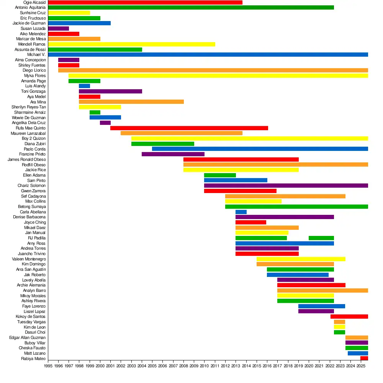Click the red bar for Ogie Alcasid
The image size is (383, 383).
(145, 2)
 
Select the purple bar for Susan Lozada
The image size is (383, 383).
(58, 28)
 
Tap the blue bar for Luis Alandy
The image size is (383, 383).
(84, 86)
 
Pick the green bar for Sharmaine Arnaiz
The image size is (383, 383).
(95, 112)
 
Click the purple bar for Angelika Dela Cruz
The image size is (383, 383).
(105, 123)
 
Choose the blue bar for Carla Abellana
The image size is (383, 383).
(241, 212)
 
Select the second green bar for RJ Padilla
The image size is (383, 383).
(321, 238)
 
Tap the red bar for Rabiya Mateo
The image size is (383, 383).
(364, 358)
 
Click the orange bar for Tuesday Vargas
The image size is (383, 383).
(339, 322)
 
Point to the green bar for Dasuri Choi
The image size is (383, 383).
(339, 332)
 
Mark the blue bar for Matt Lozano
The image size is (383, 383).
(358, 353)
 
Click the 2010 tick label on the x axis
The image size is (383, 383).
(204, 366)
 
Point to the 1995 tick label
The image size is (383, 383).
(48, 366)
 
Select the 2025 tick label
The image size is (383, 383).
(360, 366)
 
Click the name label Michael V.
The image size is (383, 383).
(36, 55)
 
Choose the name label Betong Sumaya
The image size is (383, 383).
(32, 206)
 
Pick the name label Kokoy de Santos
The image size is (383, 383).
(31, 316)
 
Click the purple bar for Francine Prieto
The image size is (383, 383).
(173, 154)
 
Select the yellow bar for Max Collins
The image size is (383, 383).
(253, 201)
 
